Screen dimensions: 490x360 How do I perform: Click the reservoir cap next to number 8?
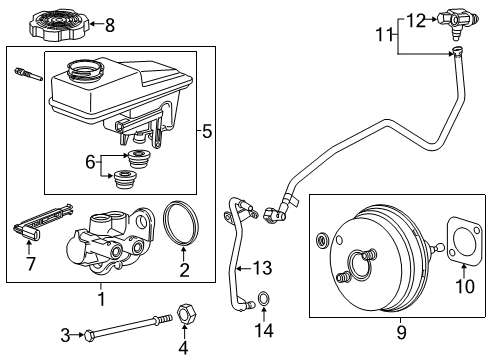(x=59, y=24)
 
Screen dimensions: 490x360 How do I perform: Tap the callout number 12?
(x=416, y=21)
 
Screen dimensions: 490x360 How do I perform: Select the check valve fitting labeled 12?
(x=458, y=21)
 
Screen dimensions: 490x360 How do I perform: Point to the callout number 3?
(x=65, y=335)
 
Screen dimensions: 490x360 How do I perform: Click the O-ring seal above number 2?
(x=181, y=224)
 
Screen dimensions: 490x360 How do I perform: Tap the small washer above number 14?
(x=264, y=298)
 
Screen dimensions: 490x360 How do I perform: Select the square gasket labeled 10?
(x=464, y=242)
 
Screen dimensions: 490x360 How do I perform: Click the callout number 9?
(x=402, y=332)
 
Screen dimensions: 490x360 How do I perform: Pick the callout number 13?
(x=263, y=268)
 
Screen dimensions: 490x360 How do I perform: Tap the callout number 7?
(x=31, y=264)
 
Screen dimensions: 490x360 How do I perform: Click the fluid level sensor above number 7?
(x=42, y=222)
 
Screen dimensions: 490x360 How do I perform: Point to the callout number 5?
(x=207, y=131)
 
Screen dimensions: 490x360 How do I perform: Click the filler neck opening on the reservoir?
(x=86, y=69)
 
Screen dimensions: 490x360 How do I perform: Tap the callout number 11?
(x=385, y=34)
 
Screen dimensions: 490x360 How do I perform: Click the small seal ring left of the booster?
(x=323, y=240)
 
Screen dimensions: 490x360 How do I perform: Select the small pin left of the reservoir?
(x=28, y=75)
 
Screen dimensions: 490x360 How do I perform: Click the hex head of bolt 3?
(x=89, y=335)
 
